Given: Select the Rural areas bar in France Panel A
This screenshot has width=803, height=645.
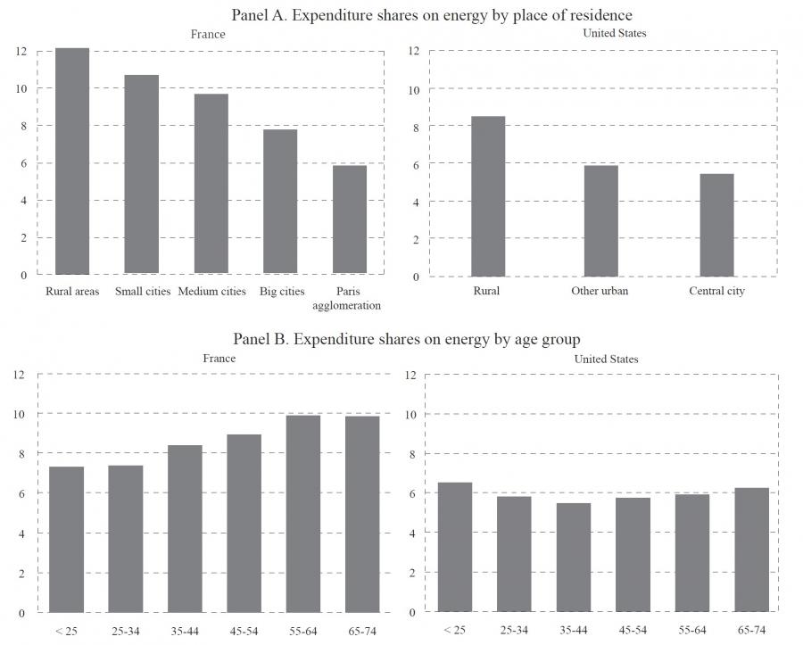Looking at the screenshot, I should [x=72, y=161].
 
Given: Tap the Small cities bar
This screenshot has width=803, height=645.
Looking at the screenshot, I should [x=142, y=174].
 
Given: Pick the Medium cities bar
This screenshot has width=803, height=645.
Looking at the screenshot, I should [x=211, y=184].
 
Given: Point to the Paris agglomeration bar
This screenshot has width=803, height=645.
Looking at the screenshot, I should [x=350, y=219].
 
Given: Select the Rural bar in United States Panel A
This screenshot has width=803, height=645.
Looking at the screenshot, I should [x=488, y=196].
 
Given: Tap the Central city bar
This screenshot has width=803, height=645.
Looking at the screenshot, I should [x=716, y=225].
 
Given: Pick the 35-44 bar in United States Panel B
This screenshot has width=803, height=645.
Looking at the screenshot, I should [x=574, y=558].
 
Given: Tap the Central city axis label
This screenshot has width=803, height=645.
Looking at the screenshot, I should [x=716, y=291].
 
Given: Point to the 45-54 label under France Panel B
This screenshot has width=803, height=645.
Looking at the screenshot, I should [x=244, y=631].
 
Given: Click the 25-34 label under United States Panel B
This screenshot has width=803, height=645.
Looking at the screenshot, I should [x=514, y=631].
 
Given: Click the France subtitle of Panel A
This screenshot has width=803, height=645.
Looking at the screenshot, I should [x=208, y=34].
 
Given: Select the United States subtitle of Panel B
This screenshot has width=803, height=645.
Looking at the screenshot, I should [x=605, y=359].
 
